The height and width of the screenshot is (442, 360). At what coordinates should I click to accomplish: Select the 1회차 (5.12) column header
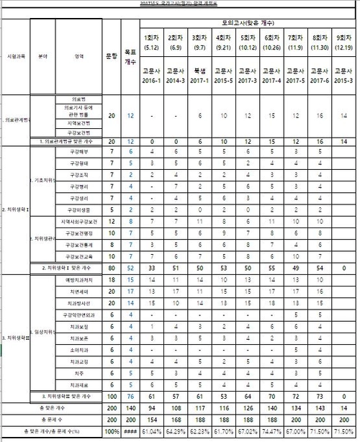(151, 42)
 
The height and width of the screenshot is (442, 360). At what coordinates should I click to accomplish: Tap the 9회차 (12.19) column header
(343, 42)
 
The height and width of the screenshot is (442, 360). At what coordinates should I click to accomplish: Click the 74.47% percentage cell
(271, 430)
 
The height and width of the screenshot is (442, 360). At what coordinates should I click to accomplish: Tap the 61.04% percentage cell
(151, 430)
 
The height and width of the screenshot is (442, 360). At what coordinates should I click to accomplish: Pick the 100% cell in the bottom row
(112, 430)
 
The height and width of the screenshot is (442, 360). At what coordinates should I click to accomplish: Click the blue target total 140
(130, 407)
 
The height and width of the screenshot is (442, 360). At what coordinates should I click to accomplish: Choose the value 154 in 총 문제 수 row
(151, 418)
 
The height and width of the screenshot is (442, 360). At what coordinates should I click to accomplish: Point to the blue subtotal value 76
(130, 395)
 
